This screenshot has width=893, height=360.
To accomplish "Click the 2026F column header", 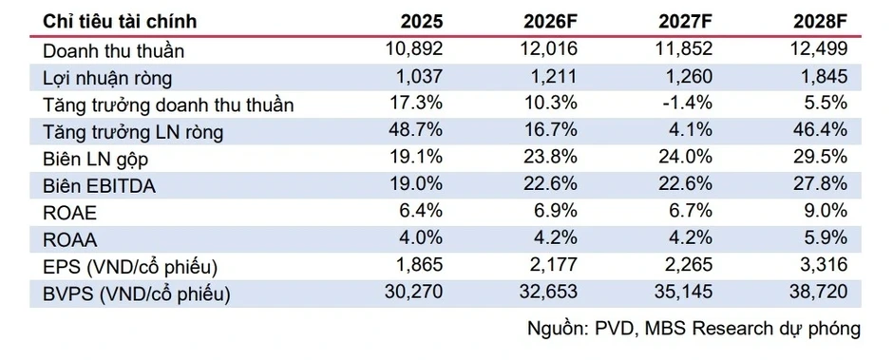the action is click(x=551, y=21).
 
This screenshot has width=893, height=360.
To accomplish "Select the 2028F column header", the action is click(x=821, y=21).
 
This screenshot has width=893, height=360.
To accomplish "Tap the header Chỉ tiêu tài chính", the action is click(x=120, y=21).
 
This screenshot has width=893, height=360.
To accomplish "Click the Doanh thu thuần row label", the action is click(x=113, y=50).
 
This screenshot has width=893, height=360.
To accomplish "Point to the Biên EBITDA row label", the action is click(x=99, y=185).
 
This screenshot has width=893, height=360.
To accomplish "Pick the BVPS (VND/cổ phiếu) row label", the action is click(x=137, y=294).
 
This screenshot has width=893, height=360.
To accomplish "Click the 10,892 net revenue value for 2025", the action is click(x=414, y=49).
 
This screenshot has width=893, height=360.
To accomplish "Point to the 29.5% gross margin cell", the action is click(x=821, y=158).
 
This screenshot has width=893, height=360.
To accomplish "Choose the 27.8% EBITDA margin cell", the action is click(x=821, y=184).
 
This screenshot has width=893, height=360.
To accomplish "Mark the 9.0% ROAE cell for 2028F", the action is click(x=826, y=211).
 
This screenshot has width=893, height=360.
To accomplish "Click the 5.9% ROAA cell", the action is click(x=826, y=238).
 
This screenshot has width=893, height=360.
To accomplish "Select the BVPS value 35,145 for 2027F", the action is click(x=684, y=292).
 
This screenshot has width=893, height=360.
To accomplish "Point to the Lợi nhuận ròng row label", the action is click(x=107, y=78).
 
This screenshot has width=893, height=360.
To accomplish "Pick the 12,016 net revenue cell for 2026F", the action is click(x=549, y=49).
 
